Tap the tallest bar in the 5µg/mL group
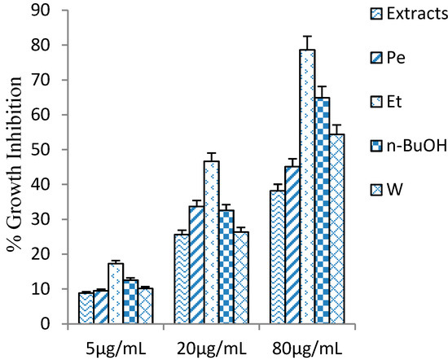[116, 293]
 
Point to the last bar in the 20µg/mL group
[240, 277]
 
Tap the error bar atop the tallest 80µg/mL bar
[307, 42]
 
